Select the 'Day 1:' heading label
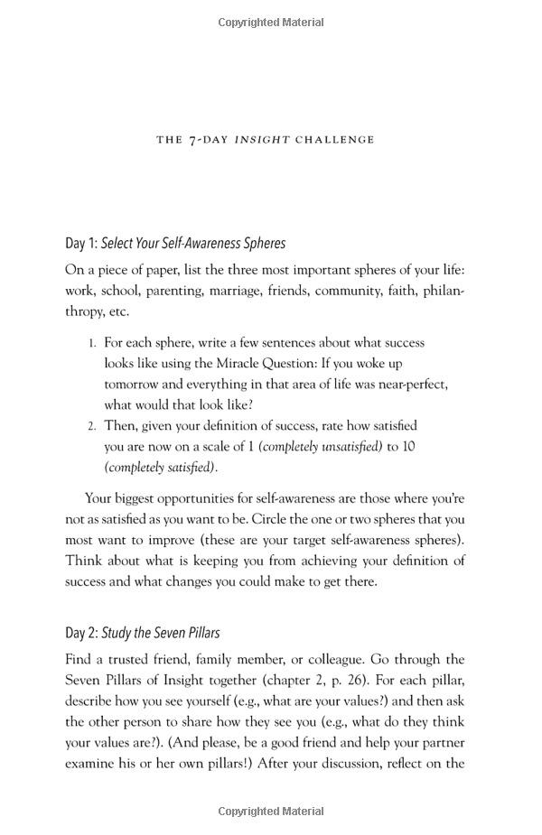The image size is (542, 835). click(81, 243)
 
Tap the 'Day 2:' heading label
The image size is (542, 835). click(81, 633)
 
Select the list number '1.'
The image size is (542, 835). click(92, 343)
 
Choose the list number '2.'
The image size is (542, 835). click(92, 426)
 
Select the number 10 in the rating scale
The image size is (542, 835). click(407, 447)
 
